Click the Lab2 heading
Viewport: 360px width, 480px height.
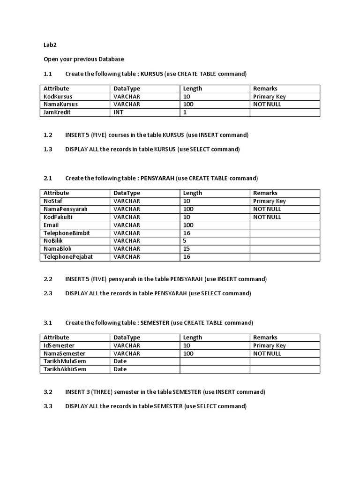tap(50, 45)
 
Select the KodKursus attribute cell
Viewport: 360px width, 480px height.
tap(58, 97)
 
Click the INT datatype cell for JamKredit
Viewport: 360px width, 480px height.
tap(118, 112)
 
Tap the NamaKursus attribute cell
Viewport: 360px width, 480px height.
tap(60, 105)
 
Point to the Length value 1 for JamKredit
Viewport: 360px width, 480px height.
tap(184, 112)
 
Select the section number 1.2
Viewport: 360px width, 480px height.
tap(48, 135)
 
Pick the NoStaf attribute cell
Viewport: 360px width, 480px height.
tap(52, 201)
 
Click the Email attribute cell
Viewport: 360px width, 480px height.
tap(51, 225)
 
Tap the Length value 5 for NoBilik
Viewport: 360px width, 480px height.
tap(185, 241)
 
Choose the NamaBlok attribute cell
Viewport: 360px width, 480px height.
tap(57, 249)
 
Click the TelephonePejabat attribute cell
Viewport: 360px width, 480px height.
tap(66, 257)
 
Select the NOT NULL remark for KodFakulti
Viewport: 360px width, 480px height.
tap(267, 217)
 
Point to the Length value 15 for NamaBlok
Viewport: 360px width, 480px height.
tap(186, 249)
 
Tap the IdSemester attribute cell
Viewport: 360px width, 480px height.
tap(59, 345)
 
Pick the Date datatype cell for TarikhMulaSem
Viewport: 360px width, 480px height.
tap(120, 361)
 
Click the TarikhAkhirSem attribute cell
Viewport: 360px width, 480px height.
tap(65, 369)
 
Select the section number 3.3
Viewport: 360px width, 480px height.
tap(48, 406)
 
